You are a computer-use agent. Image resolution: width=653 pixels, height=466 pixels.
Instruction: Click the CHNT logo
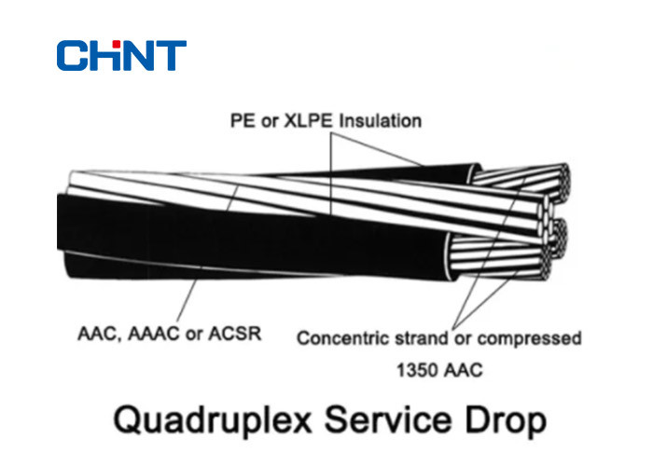click(121, 55)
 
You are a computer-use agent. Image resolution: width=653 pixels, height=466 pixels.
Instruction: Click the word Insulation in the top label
click(380, 121)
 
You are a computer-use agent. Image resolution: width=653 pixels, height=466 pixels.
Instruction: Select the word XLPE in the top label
click(308, 121)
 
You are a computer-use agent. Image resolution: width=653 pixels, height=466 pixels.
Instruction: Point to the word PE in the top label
click(241, 121)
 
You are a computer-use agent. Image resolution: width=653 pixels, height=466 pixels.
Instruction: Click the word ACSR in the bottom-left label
click(235, 334)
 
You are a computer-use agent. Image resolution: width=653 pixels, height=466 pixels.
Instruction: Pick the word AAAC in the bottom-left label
click(154, 334)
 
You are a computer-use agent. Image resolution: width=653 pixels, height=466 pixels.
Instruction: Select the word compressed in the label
click(529, 338)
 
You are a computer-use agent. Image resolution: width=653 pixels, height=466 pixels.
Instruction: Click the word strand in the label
click(421, 338)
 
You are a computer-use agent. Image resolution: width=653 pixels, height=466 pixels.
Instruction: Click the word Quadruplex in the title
click(213, 421)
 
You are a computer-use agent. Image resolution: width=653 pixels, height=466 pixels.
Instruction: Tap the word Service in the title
click(388, 420)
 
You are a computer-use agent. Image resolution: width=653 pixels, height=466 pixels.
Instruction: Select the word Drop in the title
click(506, 421)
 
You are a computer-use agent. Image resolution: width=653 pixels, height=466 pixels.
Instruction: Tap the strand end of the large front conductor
click(500, 258)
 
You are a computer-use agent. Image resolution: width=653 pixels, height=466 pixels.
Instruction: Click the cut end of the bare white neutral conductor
click(544, 217)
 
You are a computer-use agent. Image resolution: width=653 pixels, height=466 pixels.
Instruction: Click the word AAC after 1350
click(463, 370)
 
